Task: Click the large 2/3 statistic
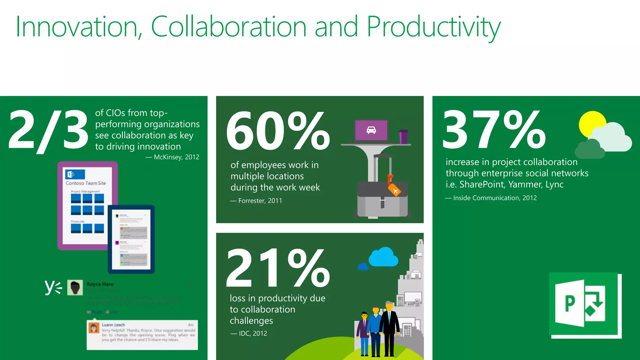48,130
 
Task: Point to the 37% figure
494,129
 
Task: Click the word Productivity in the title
433,27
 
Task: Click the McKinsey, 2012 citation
173,157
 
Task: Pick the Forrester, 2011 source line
257,201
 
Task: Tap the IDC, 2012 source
249,333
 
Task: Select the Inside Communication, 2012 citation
491,198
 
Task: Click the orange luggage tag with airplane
394,189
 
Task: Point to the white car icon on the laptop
371,130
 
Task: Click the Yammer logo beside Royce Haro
53,287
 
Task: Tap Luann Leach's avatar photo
94,328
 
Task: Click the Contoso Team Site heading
86,183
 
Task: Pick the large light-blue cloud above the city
383,257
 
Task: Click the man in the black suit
389,328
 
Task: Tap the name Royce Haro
100,284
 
